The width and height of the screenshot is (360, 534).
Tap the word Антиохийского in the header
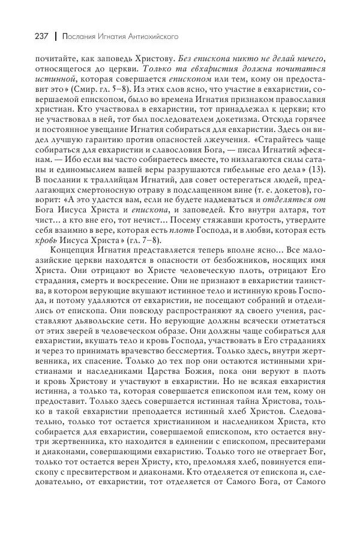tap(150, 36)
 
